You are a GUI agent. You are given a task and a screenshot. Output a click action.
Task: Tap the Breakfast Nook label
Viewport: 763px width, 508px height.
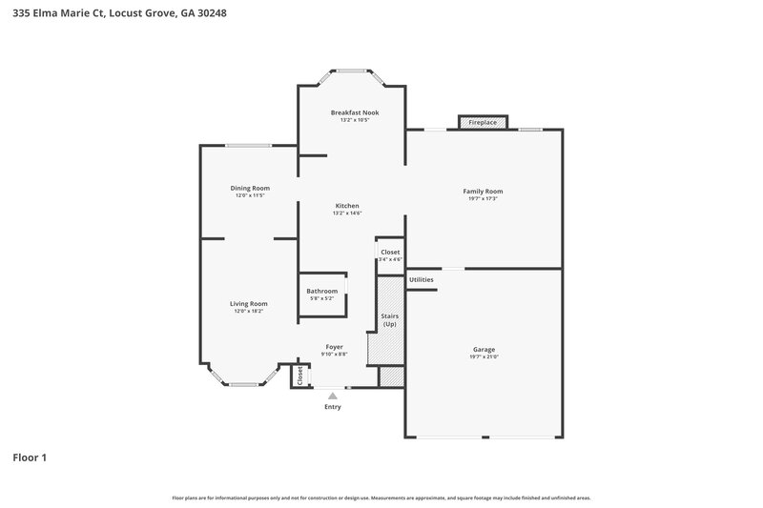354,112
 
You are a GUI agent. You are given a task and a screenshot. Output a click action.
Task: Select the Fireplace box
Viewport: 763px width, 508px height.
482,123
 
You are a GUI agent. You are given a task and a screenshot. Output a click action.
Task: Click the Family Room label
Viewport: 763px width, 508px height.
483,191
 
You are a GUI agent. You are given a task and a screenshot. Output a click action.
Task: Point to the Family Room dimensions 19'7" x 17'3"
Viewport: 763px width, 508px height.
483,199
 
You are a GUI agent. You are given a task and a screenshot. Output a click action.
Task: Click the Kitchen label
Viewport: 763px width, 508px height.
346,206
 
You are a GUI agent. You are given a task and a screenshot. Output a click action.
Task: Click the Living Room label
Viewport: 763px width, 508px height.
248,303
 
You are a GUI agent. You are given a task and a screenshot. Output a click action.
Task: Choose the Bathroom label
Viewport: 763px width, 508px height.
321,291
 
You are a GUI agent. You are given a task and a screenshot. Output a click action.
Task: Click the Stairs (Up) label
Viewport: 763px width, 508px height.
389,319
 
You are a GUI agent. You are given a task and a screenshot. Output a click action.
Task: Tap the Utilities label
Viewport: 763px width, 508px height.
421,279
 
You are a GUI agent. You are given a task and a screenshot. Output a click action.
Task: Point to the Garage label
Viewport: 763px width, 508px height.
484,349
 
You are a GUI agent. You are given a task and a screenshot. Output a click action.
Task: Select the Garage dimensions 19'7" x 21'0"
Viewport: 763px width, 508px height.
484,357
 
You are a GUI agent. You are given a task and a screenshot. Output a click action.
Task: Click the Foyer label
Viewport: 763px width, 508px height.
334,346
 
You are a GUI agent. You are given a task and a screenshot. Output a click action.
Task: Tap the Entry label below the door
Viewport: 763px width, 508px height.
332,407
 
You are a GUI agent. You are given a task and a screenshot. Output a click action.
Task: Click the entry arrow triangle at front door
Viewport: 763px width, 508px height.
331,393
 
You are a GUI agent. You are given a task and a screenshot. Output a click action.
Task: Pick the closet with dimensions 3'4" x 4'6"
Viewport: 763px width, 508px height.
390,255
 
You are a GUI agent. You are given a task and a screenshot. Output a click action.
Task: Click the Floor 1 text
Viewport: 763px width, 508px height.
30,457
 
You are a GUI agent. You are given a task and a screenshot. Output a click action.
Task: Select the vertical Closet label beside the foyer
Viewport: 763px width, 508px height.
300,376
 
